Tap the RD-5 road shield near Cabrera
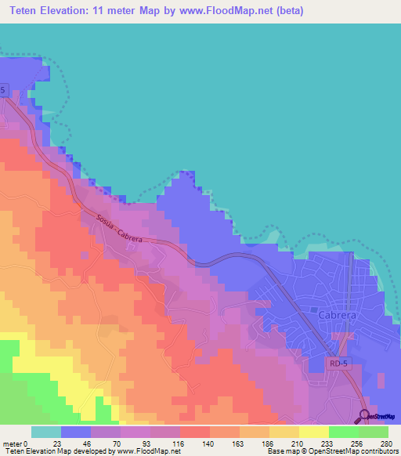338,364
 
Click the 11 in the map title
112,11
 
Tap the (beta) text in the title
285,11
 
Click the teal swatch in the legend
46,432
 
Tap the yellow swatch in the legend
314,432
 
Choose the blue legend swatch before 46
76,432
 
